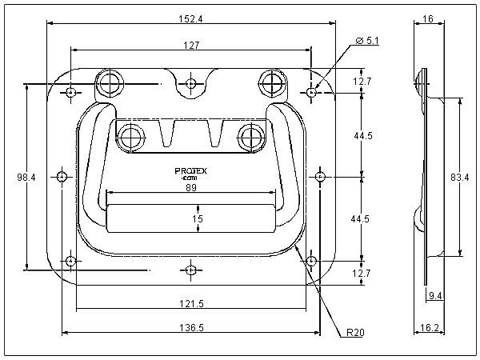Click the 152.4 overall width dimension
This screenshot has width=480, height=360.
[192, 19]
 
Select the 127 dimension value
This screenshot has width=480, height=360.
[191, 46]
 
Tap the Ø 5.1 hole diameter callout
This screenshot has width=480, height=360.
[368, 40]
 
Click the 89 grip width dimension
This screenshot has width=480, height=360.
[191, 187]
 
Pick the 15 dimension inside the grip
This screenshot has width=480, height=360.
[198, 218]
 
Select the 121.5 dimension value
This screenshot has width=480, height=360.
[190, 303]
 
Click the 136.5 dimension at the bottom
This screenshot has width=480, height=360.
[191, 327]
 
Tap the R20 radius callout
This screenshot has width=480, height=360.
[356, 331]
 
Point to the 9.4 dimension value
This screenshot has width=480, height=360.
[436, 297]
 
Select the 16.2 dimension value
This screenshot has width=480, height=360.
[429, 327]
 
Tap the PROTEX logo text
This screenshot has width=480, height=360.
[191, 170]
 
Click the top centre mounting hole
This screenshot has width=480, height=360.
[191, 82]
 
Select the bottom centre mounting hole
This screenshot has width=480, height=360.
[190, 270]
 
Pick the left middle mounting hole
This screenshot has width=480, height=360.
[62, 176]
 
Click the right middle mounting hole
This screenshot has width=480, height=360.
[320, 176]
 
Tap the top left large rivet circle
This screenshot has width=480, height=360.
[111, 82]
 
